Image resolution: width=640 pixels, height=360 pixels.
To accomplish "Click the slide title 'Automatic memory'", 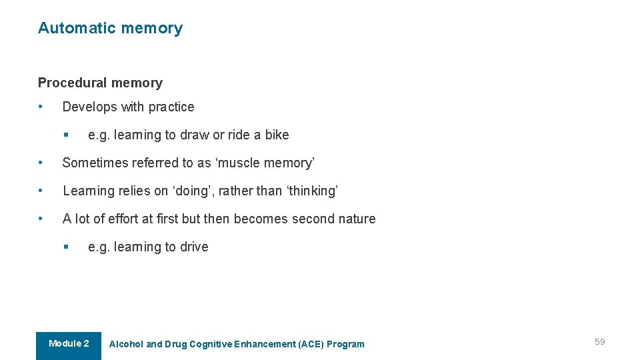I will pyautogui.click(x=110, y=28).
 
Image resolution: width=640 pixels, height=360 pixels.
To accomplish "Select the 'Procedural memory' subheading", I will pyautogui.click(x=100, y=83).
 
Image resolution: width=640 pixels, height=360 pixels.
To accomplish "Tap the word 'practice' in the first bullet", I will pyautogui.click(x=171, y=107).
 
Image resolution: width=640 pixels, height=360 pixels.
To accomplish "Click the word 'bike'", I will pyautogui.click(x=277, y=135).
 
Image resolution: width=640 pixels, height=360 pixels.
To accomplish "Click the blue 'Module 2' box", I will pyautogui.click(x=69, y=345).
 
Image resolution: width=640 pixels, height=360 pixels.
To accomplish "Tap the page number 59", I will pyautogui.click(x=599, y=342).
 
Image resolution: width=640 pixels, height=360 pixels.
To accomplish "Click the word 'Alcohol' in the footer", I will pyautogui.click(x=126, y=345).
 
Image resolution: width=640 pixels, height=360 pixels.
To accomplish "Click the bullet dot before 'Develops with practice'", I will pyautogui.click(x=41, y=107).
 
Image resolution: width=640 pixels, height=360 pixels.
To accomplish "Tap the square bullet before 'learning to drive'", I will pyautogui.click(x=66, y=247).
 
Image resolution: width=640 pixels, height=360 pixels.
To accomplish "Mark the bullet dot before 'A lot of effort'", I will pyautogui.click(x=41, y=219).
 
